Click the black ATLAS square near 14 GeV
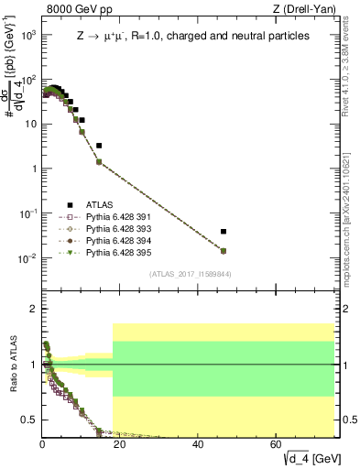99,146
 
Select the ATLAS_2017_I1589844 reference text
189,272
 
